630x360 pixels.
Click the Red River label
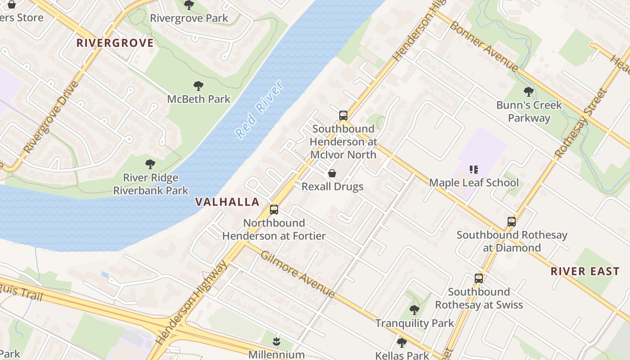point(259,110)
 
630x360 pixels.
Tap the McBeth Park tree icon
point(198,86)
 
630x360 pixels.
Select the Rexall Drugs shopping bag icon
point(332,173)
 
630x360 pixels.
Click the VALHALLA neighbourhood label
point(227,202)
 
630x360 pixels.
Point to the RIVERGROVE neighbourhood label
point(115,43)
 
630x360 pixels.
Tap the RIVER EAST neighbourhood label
point(585,271)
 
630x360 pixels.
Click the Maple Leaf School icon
point(473,170)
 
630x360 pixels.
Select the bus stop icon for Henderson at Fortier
point(274,210)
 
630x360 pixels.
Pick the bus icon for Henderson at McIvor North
point(343,116)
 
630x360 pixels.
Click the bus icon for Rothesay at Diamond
point(512,222)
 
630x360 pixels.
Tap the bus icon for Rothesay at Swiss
point(479,279)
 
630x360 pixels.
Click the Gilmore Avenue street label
point(298,274)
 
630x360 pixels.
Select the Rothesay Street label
point(581,123)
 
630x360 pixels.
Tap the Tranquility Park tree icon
point(414,310)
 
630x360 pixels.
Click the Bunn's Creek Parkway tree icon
point(529,92)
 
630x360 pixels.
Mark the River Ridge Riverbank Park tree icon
point(150,165)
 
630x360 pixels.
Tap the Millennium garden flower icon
point(276,342)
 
